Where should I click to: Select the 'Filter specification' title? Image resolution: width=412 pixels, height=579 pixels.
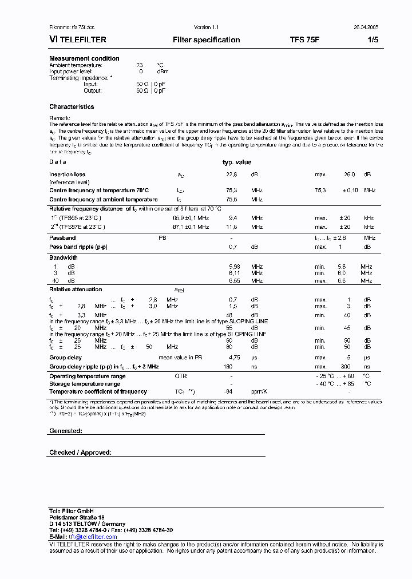coord(206,40)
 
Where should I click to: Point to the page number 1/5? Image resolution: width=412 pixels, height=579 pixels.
coord(373,40)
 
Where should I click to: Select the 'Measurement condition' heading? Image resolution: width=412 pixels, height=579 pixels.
coord(84,58)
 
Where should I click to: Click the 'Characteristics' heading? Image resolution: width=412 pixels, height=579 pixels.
coord(72,106)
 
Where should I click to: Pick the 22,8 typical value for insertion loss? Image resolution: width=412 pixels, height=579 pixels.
coord(231,175)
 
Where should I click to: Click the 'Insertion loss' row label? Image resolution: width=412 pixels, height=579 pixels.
coord(67,175)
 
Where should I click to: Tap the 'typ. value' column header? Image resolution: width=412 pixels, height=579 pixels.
coord(236,162)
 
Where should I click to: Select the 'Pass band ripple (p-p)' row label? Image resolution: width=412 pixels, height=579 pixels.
coord(78,247)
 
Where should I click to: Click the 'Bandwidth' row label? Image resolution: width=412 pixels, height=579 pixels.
coord(63,257)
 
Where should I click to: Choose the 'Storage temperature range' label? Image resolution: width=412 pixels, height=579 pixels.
coord(85,384)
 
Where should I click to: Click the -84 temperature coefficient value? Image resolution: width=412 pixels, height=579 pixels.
coord(231,392)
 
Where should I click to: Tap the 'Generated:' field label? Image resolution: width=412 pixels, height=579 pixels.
coord(65,431)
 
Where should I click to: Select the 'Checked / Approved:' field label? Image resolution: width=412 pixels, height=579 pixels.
coord(80,453)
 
